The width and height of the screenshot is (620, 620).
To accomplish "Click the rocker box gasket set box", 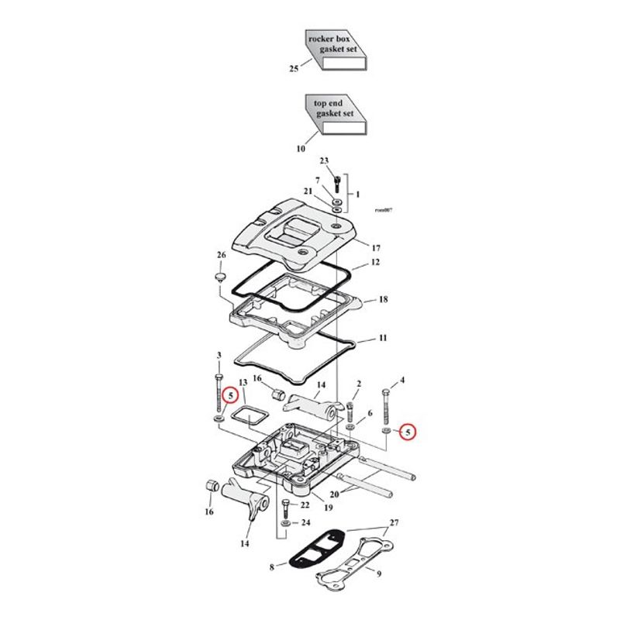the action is [x=336, y=50].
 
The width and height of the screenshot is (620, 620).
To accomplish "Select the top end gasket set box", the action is [x=336, y=115].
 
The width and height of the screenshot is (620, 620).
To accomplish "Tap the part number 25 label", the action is [x=294, y=69].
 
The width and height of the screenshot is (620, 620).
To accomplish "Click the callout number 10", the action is [x=301, y=149].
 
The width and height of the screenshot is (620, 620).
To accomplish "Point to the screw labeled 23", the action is [x=337, y=184].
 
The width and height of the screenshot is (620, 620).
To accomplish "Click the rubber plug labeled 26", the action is [x=219, y=276].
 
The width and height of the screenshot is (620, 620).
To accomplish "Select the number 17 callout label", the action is [x=376, y=248].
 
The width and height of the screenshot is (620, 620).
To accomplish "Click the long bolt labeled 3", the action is [x=219, y=392].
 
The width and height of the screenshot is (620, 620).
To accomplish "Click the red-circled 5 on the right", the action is [x=408, y=432].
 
